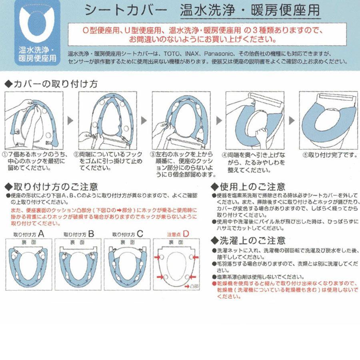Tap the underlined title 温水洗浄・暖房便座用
tap(250, 10)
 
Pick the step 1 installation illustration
tap(32, 120)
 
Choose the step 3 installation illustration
tap(180, 120)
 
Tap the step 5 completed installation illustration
tap(327, 120)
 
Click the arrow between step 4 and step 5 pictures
tap(291, 120)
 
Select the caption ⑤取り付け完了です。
tap(327, 154)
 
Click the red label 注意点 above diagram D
tap(174, 234)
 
